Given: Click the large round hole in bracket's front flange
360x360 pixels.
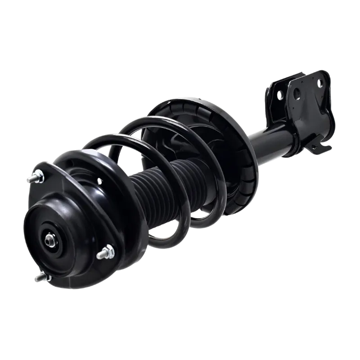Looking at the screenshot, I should point(297,94).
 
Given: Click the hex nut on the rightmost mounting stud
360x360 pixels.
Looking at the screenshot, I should point(108,250).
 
